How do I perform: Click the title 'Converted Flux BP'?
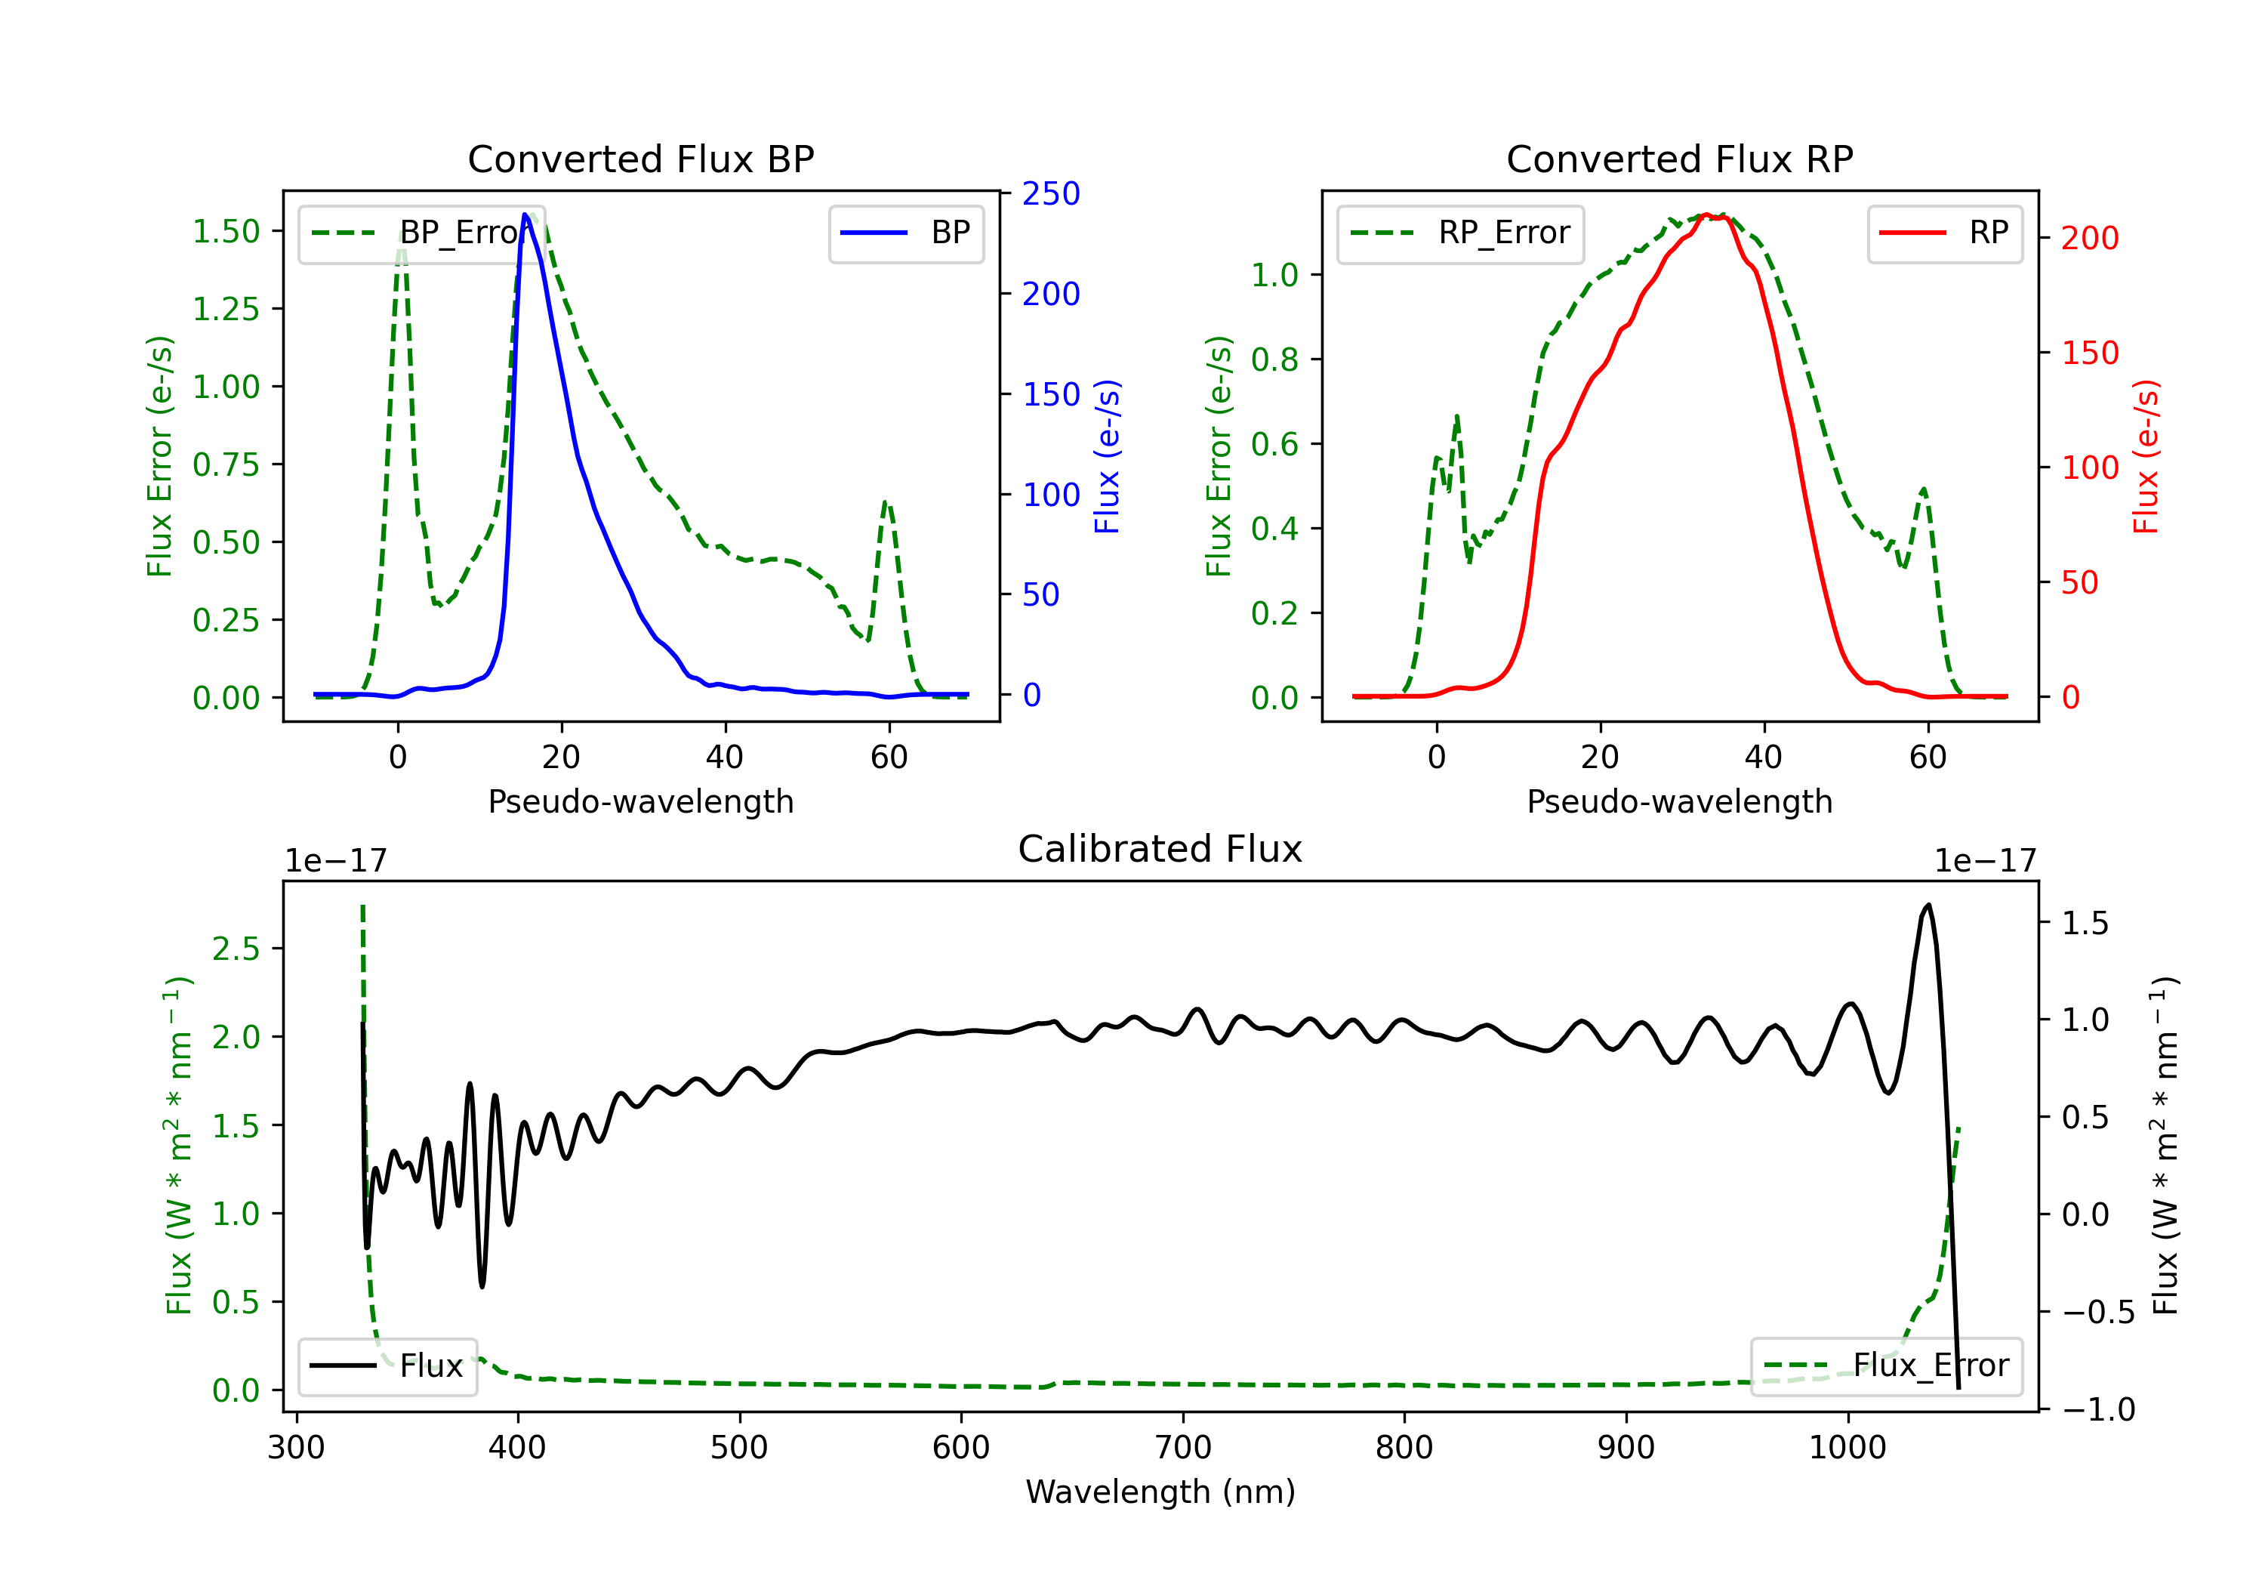[641, 159]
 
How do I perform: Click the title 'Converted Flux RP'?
[1680, 159]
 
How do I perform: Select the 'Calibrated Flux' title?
[1160, 849]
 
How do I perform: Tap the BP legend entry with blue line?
[905, 233]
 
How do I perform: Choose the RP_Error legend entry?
[1460, 233]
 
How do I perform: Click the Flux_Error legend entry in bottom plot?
[1886, 1366]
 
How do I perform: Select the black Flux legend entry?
[387, 1366]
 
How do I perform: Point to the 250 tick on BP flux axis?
[1051, 193]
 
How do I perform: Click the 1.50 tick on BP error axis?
[226, 231]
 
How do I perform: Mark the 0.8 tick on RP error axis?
[1274, 359]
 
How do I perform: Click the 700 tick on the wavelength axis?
[1183, 1448]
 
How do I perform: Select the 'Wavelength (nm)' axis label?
[1160, 1492]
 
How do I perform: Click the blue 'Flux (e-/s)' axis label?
[1108, 456]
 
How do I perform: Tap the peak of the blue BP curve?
[525, 214]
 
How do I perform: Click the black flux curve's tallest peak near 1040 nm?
[1928, 905]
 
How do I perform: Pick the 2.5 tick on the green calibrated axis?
[236, 949]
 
